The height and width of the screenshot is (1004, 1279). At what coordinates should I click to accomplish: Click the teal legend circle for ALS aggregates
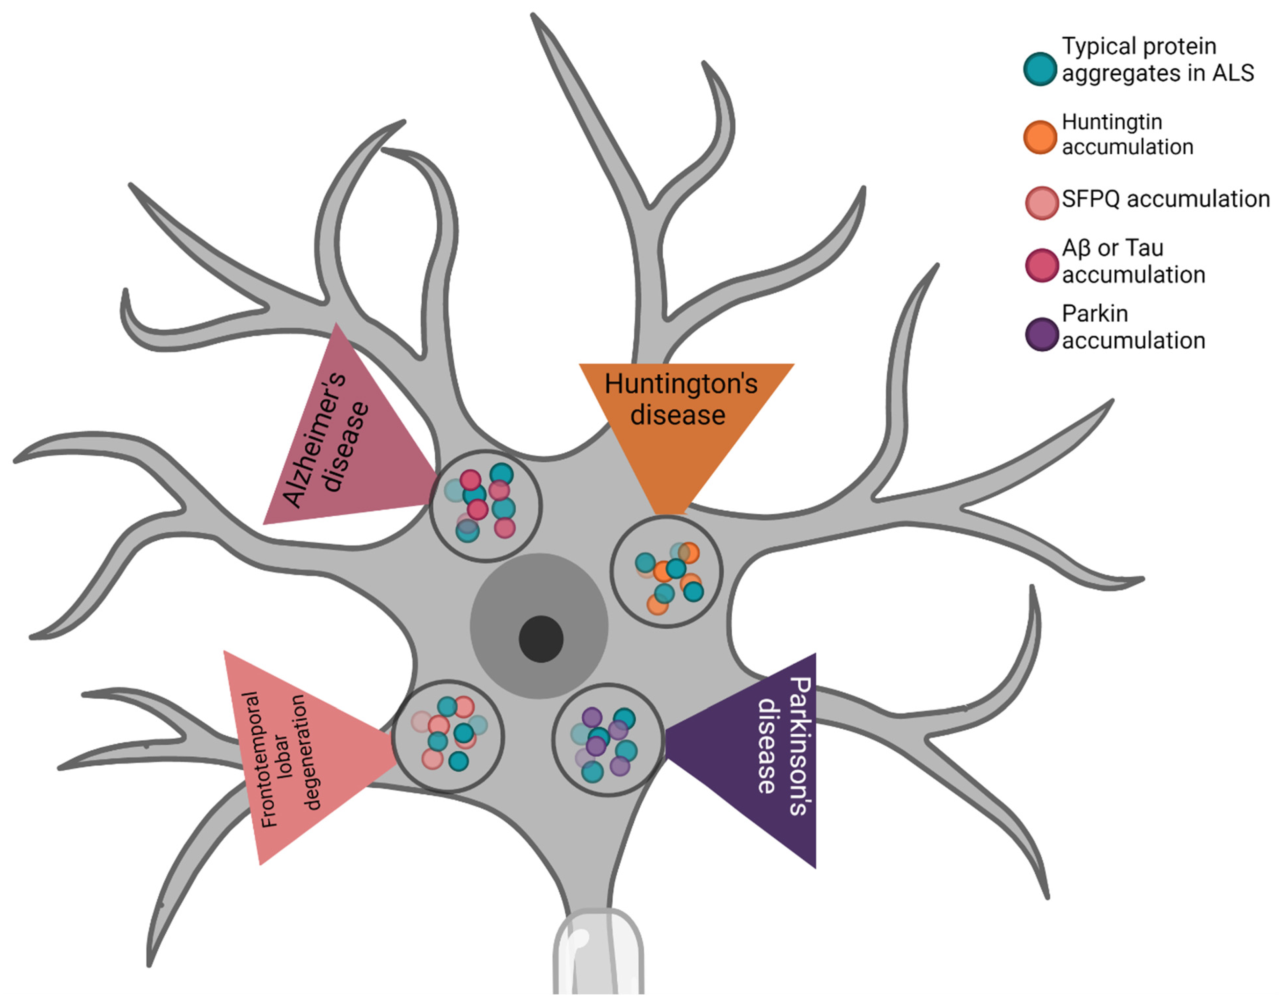click(x=1040, y=69)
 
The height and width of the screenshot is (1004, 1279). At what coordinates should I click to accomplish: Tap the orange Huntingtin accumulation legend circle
click(x=1040, y=137)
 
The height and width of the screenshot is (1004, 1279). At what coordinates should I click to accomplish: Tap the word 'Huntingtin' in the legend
click(x=1111, y=122)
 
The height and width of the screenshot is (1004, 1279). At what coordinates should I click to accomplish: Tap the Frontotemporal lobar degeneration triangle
click(x=294, y=758)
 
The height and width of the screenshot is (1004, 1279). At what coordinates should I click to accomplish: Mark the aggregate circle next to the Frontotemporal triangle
click(x=448, y=736)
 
